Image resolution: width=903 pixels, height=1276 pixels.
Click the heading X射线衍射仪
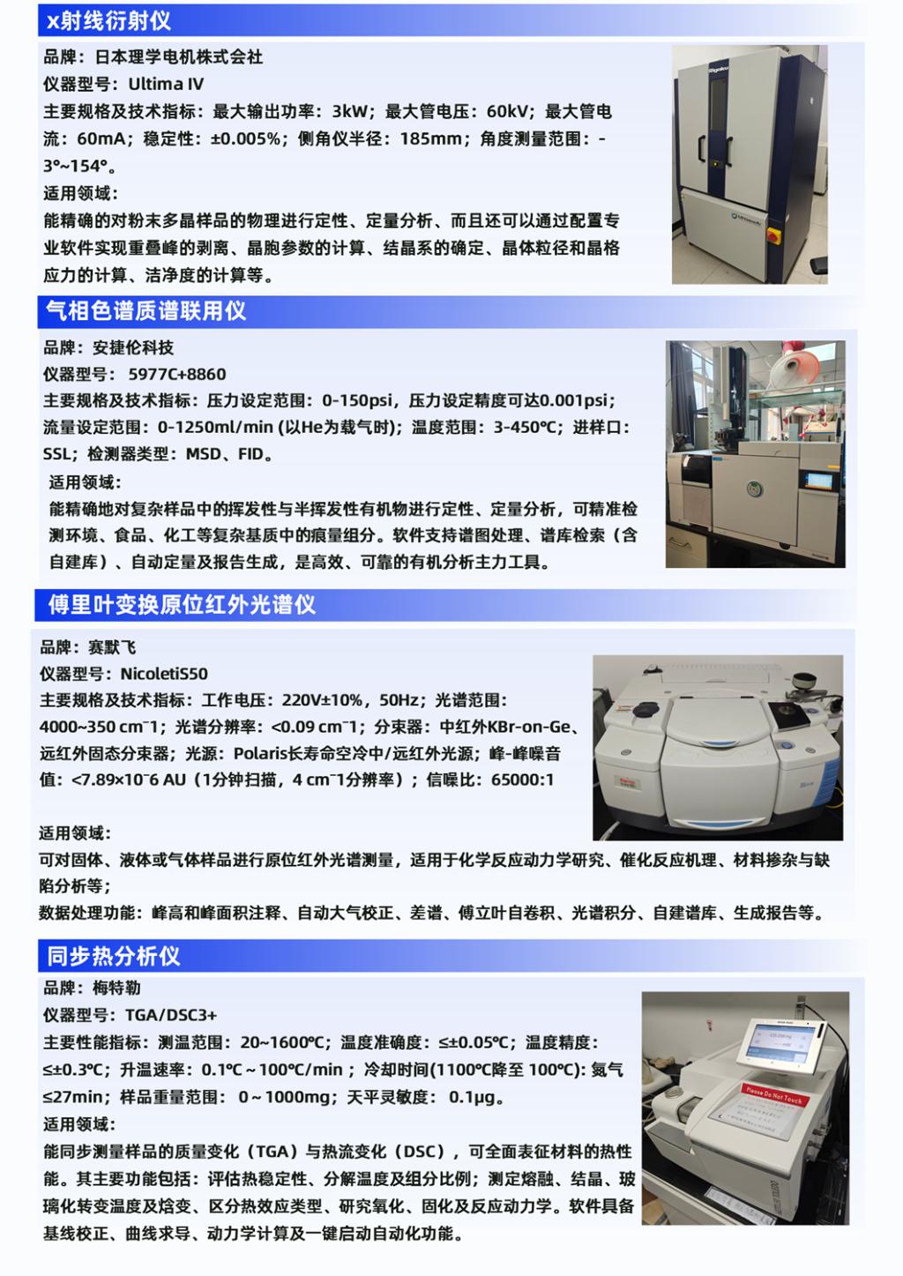(x=108, y=21)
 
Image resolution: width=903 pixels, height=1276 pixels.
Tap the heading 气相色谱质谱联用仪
(x=146, y=311)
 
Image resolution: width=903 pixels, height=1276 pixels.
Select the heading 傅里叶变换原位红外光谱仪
(x=182, y=604)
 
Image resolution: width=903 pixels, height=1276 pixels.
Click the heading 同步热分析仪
(x=114, y=957)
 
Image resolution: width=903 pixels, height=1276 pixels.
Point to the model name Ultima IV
(x=166, y=85)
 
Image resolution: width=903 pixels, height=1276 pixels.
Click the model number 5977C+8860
(x=177, y=374)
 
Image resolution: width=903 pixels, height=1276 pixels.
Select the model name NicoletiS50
(x=164, y=674)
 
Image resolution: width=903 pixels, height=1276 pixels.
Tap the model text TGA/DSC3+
(x=171, y=1015)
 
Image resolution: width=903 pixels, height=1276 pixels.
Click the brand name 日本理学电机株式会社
(x=179, y=57)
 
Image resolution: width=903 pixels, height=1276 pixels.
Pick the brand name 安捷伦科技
(x=133, y=347)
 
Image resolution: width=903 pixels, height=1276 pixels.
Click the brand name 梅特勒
(x=116, y=988)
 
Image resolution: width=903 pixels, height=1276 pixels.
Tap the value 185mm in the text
(x=430, y=139)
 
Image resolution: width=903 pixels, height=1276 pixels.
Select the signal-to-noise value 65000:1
(x=522, y=780)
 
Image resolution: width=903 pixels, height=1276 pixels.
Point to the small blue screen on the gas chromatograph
(x=818, y=481)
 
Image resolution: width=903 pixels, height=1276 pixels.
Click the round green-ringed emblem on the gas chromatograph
(x=755, y=489)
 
